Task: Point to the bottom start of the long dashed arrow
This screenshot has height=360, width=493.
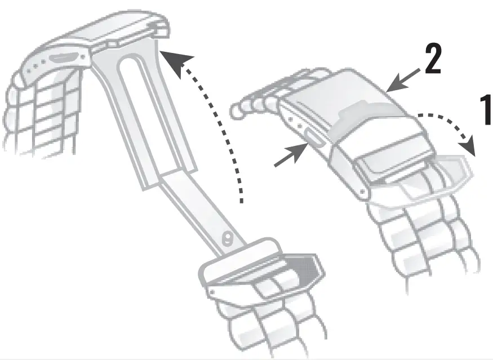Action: pyautogui.click(x=242, y=200)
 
